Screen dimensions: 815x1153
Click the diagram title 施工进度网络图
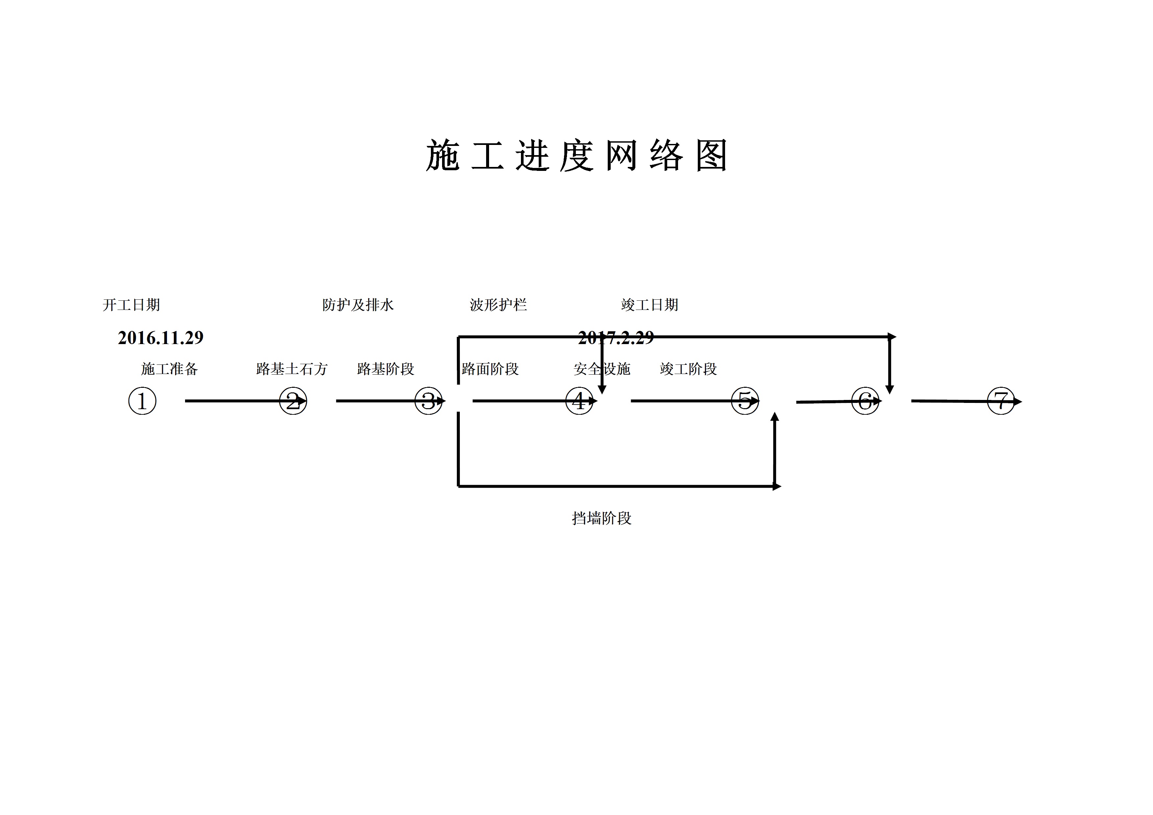click(x=576, y=156)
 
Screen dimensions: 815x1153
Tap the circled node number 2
click(x=293, y=401)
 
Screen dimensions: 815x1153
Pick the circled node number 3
click(x=428, y=401)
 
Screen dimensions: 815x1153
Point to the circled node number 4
click(x=579, y=401)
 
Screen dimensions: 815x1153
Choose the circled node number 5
click(x=745, y=401)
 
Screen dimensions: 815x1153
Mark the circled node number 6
click(x=865, y=401)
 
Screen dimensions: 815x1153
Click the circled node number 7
click(x=1001, y=401)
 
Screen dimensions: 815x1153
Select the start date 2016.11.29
click(x=161, y=338)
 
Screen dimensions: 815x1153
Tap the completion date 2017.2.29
click(x=616, y=338)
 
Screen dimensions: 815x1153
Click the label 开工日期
click(x=131, y=305)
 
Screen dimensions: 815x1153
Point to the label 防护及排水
click(x=358, y=305)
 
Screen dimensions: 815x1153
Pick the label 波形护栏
click(x=498, y=305)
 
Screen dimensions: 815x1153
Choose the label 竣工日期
click(x=649, y=305)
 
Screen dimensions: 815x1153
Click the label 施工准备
click(x=169, y=369)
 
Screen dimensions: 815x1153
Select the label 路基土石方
click(x=292, y=369)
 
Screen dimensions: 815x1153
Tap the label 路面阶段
click(x=490, y=369)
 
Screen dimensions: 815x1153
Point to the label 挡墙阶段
click(x=601, y=518)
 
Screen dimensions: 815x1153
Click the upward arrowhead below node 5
click(x=775, y=417)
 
